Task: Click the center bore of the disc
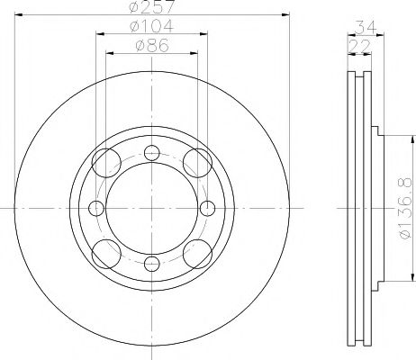[152, 209]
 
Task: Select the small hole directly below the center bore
[152, 265]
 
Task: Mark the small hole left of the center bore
[96, 209]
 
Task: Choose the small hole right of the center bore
[208, 209]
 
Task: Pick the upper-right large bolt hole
[195, 163]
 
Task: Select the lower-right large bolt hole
[195, 253]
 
